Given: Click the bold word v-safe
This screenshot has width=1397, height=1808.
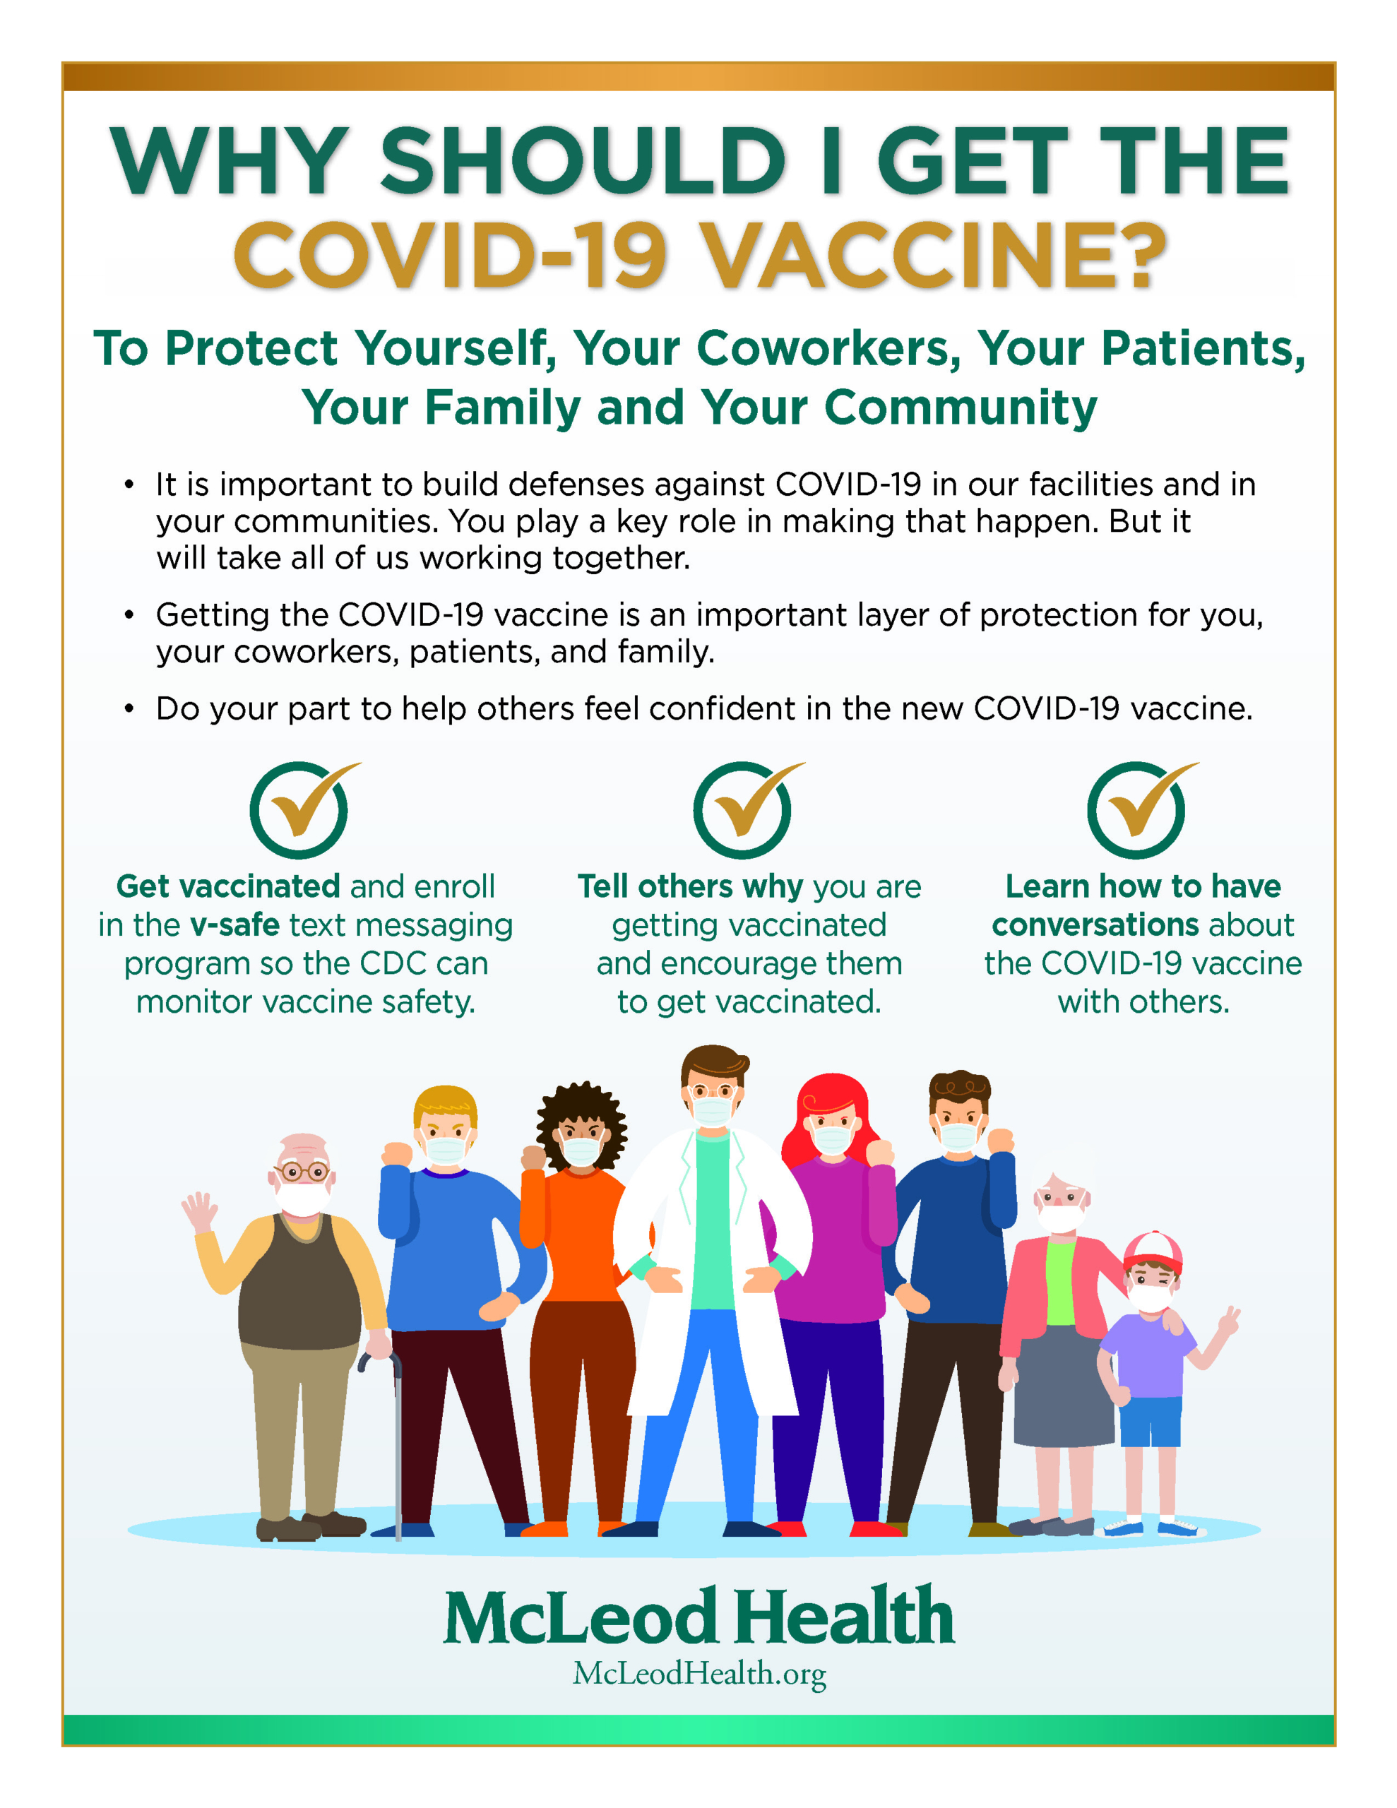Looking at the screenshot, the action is pyautogui.click(x=235, y=924).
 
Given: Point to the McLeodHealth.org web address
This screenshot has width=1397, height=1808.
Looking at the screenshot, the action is pyautogui.click(x=700, y=1674).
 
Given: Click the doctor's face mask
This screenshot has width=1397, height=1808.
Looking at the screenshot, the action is pyautogui.click(x=713, y=1109).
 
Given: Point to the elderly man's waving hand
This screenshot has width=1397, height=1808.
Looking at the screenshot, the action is pyautogui.click(x=198, y=1213).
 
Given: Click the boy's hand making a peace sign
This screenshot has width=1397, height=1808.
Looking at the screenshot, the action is pyautogui.click(x=1228, y=1319).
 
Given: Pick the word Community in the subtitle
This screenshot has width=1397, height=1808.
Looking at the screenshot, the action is pyautogui.click(x=961, y=408).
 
